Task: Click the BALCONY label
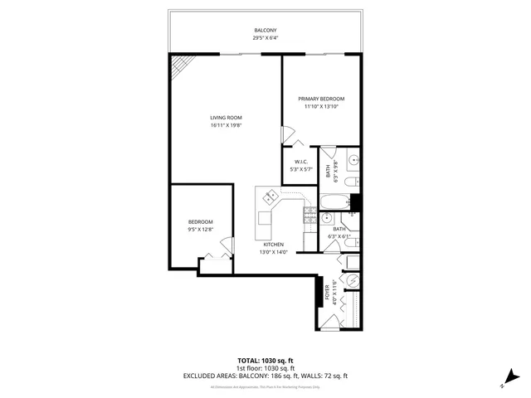click(265, 30)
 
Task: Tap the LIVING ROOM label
click(226, 118)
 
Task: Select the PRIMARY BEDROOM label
click(322, 99)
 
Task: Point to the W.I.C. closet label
click(300, 162)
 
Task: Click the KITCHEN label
click(275, 245)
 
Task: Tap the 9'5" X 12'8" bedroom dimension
click(201, 229)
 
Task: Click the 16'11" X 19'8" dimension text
click(226, 125)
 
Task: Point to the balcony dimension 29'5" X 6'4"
click(265, 37)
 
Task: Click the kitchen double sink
click(270, 197)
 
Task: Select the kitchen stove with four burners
click(310, 218)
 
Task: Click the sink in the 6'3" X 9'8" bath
click(353, 160)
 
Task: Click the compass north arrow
click(505, 382)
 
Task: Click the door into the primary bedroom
click(287, 133)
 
